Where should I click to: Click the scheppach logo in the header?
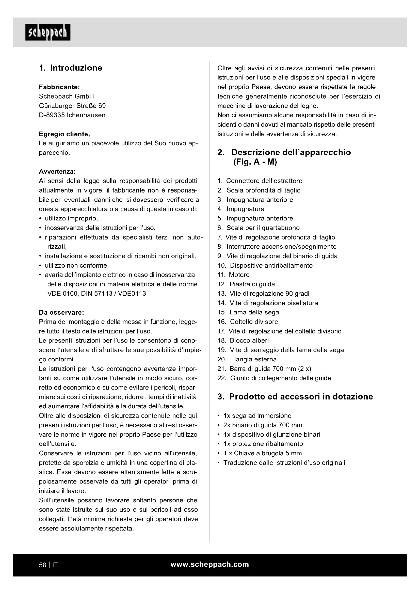(x=48, y=33)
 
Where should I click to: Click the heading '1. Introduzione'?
(x=71, y=68)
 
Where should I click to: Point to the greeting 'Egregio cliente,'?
(x=64, y=134)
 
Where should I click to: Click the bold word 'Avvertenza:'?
(x=57, y=171)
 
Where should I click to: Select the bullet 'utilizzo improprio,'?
(x=71, y=219)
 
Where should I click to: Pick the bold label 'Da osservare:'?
(x=61, y=313)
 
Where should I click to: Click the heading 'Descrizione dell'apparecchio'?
(x=291, y=152)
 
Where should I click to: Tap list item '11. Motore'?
(x=234, y=275)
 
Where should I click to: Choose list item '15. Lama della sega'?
(x=248, y=312)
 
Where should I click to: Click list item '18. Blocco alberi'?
(x=243, y=341)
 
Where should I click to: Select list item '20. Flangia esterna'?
(x=247, y=359)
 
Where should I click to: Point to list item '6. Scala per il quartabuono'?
(x=259, y=228)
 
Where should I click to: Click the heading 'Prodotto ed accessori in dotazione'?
(x=301, y=397)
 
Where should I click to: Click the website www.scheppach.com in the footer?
(x=210, y=565)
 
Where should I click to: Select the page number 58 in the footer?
(x=42, y=565)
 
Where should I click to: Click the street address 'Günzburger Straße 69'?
(x=72, y=106)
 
